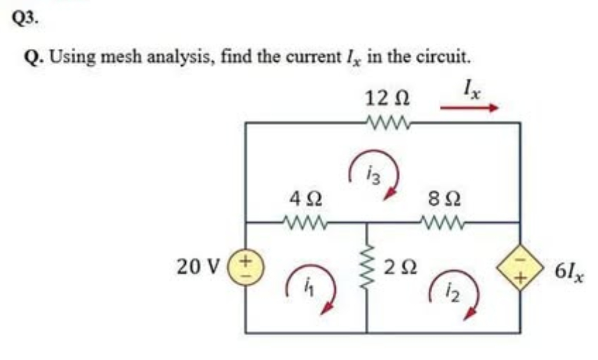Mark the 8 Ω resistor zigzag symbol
click(x=445, y=223)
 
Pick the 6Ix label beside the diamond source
click(x=570, y=271)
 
